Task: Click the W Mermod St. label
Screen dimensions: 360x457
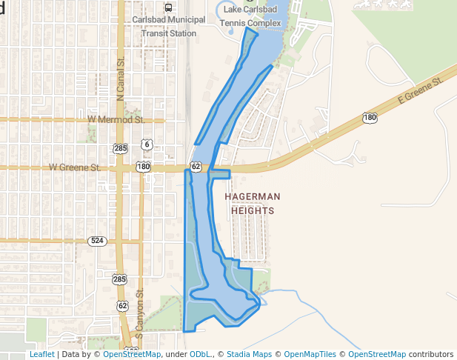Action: pos(115,119)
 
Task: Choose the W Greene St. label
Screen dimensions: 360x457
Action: pos(75,167)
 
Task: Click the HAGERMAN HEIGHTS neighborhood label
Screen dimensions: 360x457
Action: pos(253,203)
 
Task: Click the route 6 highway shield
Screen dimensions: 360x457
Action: pos(148,144)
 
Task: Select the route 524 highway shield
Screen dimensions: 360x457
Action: pos(96,241)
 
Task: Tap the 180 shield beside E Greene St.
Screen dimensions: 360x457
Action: pos(370,118)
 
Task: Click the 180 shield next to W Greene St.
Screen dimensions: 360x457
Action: pos(144,167)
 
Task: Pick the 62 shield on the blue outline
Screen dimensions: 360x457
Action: pos(196,167)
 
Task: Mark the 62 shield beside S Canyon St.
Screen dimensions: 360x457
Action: pos(122,305)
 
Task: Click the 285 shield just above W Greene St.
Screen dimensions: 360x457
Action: pos(121,148)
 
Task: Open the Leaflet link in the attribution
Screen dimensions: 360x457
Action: pos(41,354)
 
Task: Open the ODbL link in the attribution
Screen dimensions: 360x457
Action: pos(200,354)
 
